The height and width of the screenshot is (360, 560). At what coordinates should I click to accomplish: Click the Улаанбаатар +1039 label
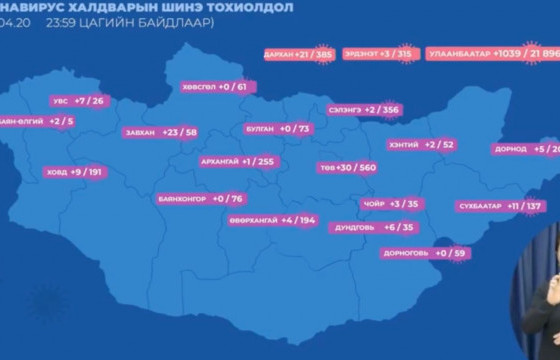491,53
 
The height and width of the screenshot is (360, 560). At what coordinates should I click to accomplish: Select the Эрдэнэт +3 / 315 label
378,53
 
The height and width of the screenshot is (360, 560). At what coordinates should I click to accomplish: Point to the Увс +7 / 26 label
81,101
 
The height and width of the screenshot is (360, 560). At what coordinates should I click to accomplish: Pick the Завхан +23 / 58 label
160,132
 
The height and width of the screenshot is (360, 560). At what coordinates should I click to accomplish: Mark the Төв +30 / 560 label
346,167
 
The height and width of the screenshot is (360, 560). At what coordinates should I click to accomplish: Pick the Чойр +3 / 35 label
391,204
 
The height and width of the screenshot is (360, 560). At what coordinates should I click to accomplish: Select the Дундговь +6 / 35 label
376,227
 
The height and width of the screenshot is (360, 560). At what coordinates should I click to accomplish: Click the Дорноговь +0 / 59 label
425,253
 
